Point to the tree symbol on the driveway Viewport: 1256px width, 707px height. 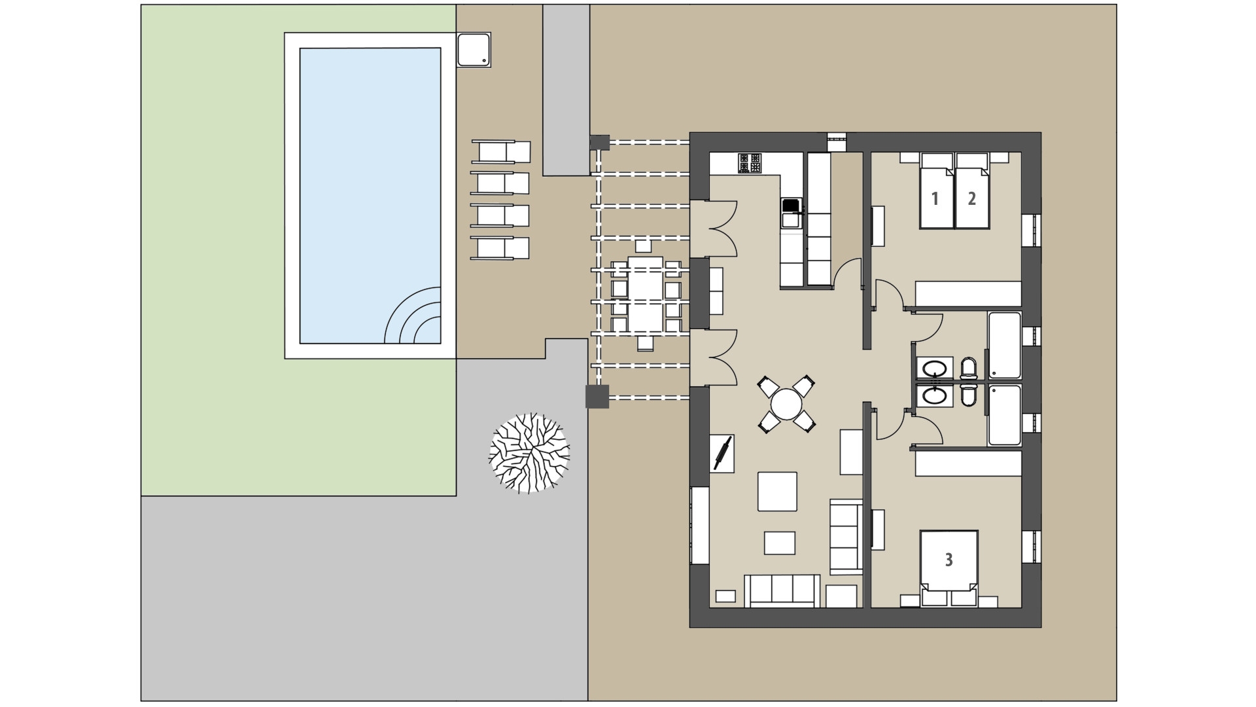pyautogui.click(x=529, y=453)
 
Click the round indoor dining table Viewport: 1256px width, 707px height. pyautogui.click(x=786, y=404)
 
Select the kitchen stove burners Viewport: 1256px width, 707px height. pyautogui.click(x=750, y=163)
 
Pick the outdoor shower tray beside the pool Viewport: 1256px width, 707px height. pyautogui.click(x=474, y=50)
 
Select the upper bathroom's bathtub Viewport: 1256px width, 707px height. pyautogui.click(x=1004, y=346)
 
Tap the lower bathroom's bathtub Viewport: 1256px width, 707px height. pyautogui.click(x=1004, y=415)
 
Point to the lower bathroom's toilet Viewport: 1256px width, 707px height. pyautogui.click(x=969, y=395)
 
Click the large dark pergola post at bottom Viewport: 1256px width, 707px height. pyautogui.click(x=597, y=397)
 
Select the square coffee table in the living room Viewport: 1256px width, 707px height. pyautogui.click(x=777, y=491)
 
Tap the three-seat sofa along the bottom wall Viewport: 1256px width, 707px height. pyautogui.click(x=782, y=590)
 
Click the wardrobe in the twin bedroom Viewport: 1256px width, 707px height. pyautogui.click(x=968, y=294)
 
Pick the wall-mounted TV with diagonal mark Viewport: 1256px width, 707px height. pyautogui.click(x=723, y=452)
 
